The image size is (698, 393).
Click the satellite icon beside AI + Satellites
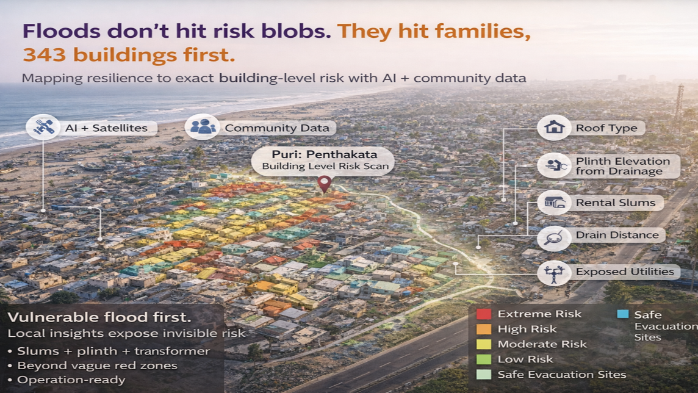point(43,128)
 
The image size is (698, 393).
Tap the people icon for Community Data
point(202,128)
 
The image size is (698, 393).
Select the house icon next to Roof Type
point(554,128)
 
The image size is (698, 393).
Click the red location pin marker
point(325,184)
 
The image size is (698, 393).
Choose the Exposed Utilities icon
point(554,272)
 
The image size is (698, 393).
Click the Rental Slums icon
point(554,203)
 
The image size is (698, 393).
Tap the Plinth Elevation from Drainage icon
point(554,165)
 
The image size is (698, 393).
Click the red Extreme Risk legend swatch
point(483,314)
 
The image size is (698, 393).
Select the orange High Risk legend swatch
point(483,329)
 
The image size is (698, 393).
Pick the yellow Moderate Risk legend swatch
point(483,344)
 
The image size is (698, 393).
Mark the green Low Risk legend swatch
point(483,359)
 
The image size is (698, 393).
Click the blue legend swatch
point(623,314)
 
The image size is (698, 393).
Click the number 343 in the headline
point(45,55)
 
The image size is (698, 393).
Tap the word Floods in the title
point(62,31)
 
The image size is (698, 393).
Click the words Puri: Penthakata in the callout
point(325,154)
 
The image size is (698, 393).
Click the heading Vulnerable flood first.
point(99,317)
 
